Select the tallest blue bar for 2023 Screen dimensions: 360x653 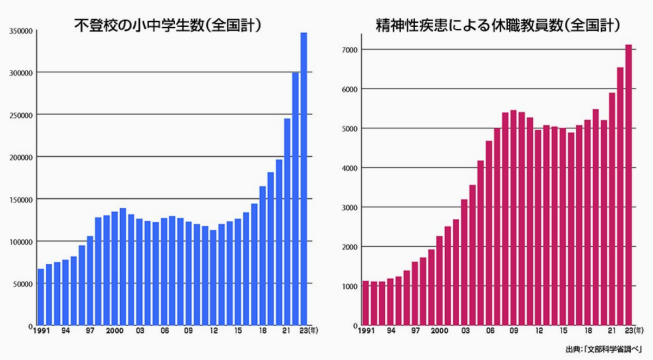(304, 179)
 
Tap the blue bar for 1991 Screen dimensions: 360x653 (40, 297)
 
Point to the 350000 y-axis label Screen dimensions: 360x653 (20, 32)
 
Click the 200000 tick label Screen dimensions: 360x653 (20, 157)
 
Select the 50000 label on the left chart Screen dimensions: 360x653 (21, 284)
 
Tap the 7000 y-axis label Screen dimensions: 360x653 (348, 50)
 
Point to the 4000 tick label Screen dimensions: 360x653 (348, 168)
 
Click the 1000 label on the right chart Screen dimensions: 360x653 (348, 286)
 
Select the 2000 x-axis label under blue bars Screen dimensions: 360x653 (115, 331)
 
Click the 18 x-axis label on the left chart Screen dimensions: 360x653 (262, 331)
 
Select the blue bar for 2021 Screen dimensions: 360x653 (287, 222)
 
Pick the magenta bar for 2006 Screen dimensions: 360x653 (489, 233)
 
